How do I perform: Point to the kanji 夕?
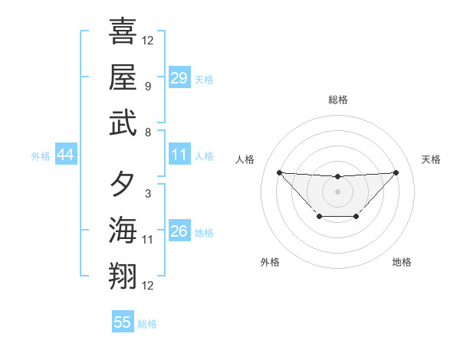[x=123, y=184]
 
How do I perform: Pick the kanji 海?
[x=123, y=230]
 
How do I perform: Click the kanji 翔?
[x=123, y=276]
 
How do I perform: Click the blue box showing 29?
[x=179, y=77]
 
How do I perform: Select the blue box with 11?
[x=179, y=155]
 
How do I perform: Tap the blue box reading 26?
[x=179, y=231]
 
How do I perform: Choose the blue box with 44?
[x=66, y=155]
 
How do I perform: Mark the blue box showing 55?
[x=123, y=322]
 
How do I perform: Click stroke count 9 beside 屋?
[x=147, y=87]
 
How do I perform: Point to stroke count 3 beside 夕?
[x=147, y=194]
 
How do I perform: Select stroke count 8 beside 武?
[x=147, y=133]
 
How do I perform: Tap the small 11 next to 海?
[x=148, y=240]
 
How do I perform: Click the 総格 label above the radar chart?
[x=338, y=100]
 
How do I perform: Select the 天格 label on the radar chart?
[x=431, y=159]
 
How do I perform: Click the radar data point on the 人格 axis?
[x=279, y=172]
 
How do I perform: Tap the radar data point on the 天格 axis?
[x=396, y=172]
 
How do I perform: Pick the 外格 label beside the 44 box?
[x=41, y=156]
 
